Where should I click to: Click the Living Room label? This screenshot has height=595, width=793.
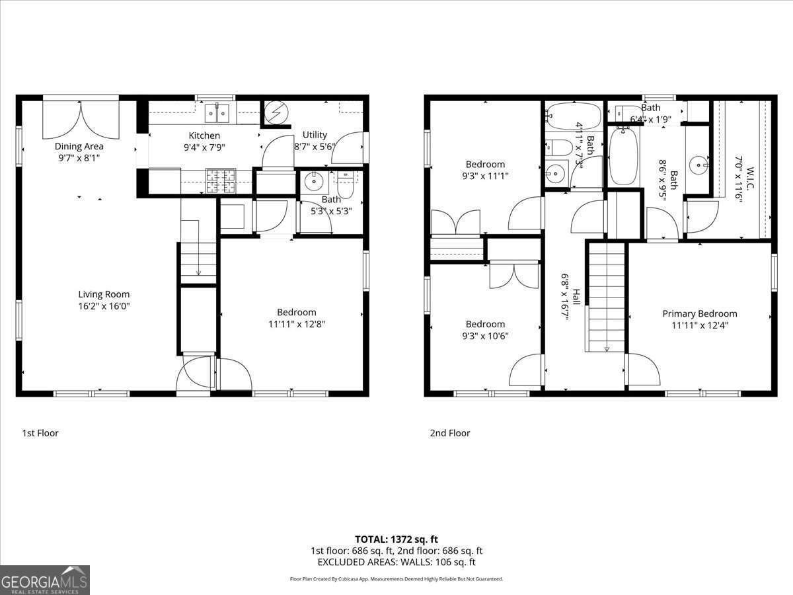point(104,294)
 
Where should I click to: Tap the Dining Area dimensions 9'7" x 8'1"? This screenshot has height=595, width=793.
point(79,158)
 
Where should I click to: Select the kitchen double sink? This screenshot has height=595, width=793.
point(217,114)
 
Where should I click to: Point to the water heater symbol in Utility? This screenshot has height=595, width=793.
point(276,114)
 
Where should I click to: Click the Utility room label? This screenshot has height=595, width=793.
point(315,135)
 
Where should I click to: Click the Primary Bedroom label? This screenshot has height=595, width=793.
point(699,313)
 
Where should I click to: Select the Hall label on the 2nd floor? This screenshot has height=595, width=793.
point(576,296)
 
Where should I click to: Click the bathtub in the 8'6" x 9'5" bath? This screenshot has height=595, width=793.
point(623,156)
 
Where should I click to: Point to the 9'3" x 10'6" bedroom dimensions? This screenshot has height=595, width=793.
point(485,336)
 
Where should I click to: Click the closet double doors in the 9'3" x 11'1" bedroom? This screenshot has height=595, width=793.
point(455,222)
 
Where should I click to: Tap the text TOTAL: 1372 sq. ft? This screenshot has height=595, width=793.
point(397,539)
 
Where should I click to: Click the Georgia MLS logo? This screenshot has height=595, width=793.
point(45,580)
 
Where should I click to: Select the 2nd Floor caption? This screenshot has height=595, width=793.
point(449,433)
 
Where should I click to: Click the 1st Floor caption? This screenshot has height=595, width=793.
point(40,433)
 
